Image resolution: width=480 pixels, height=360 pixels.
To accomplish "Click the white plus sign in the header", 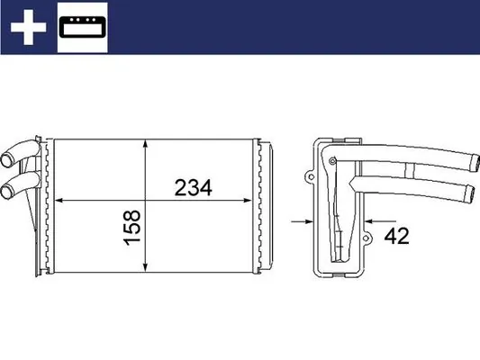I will (27, 27).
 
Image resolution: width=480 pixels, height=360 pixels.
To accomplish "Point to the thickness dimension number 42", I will (397, 238).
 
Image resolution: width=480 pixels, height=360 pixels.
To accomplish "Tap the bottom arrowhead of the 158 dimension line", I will (147, 269).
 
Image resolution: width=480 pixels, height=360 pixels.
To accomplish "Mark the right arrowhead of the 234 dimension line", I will (252, 200).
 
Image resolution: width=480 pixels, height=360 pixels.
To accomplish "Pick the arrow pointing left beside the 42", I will (370, 218).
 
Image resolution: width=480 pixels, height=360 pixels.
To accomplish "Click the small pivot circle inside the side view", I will (334, 162).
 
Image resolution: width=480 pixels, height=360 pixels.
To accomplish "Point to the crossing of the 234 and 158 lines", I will (147, 200).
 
